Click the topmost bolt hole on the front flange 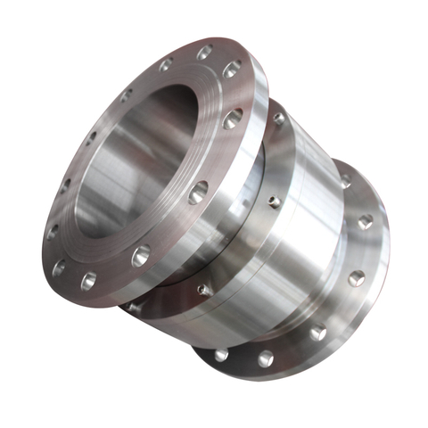[205, 53]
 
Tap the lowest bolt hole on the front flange [88, 282]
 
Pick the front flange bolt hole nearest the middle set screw [199, 190]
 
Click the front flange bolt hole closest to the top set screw [234, 117]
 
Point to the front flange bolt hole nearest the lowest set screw [141, 257]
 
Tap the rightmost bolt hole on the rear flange [365, 222]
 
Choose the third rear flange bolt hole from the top [357, 277]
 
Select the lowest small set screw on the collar [204, 289]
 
